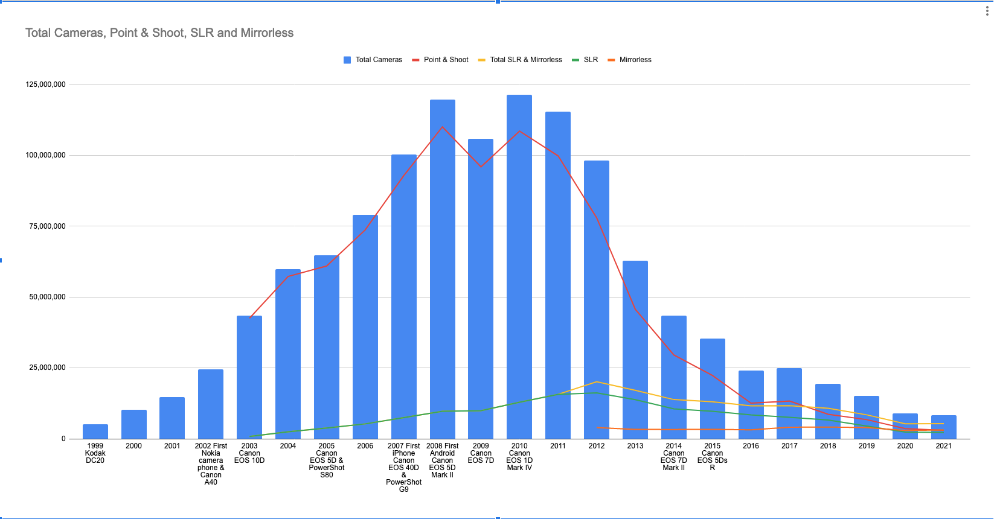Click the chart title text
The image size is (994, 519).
click(159, 33)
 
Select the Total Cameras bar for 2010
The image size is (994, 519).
click(519, 266)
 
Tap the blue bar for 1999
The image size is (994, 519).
click(95, 431)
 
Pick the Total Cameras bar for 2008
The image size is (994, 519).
click(443, 269)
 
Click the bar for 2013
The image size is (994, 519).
click(635, 350)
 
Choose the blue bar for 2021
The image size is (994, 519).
click(944, 427)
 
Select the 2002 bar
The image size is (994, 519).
click(211, 404)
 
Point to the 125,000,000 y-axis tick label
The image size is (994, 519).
click(45, 84)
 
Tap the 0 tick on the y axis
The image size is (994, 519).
click(63, 439)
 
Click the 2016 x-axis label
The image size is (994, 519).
click(751, 446)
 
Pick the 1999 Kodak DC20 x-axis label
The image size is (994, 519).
click(95, 453)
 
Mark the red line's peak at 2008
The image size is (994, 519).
click(443, 127)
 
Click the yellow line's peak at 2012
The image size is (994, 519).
click(597, 382)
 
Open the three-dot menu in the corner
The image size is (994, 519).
click(987, 11)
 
